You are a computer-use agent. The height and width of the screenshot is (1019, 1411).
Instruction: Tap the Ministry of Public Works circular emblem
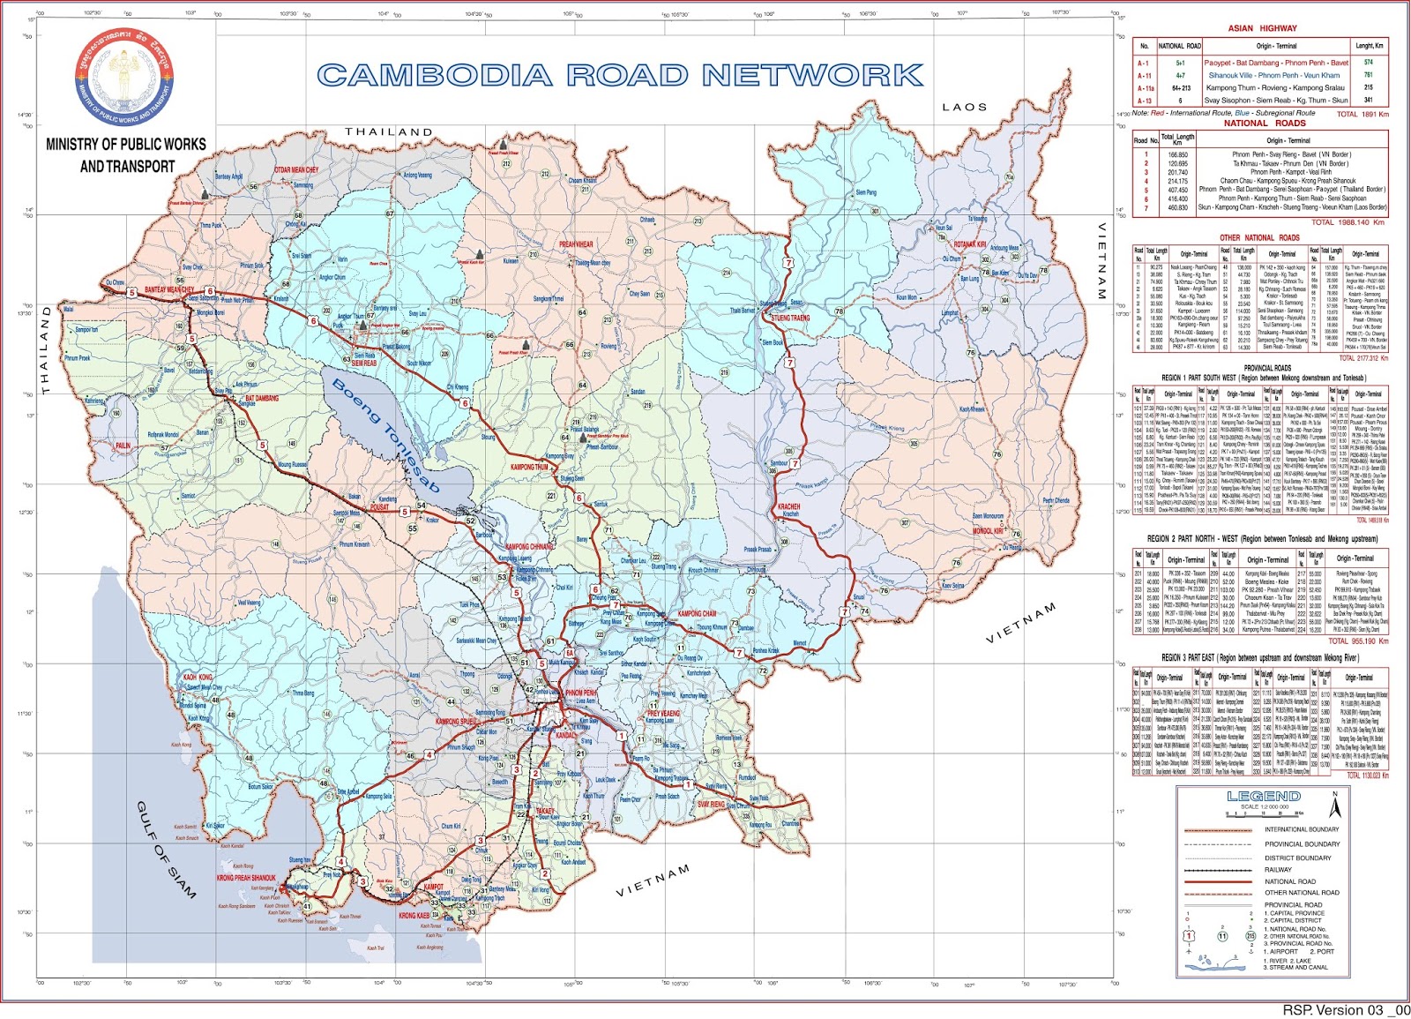[124, 76]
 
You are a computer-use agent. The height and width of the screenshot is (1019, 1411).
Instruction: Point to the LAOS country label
[964, 107]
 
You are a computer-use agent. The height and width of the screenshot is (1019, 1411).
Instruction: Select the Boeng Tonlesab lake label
[385, 438]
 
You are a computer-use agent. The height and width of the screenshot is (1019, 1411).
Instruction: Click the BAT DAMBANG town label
[262, 398]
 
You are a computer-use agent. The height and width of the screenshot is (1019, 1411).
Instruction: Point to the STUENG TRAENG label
[790, 318]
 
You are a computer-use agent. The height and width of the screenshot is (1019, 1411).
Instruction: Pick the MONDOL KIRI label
[988, 531]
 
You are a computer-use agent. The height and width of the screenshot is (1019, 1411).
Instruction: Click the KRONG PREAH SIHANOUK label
[246, 878]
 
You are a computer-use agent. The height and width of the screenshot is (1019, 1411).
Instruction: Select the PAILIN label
[123, 446]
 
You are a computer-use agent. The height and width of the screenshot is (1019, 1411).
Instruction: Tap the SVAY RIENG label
[710, 805]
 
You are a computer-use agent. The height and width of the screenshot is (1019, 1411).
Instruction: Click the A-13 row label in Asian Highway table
[1144, 101]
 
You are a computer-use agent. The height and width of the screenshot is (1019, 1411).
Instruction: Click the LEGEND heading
[1263, 796]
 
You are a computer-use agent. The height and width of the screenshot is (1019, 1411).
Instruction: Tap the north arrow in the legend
[1335, 805]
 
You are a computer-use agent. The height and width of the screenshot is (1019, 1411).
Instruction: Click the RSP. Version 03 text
[1345, 1010]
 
